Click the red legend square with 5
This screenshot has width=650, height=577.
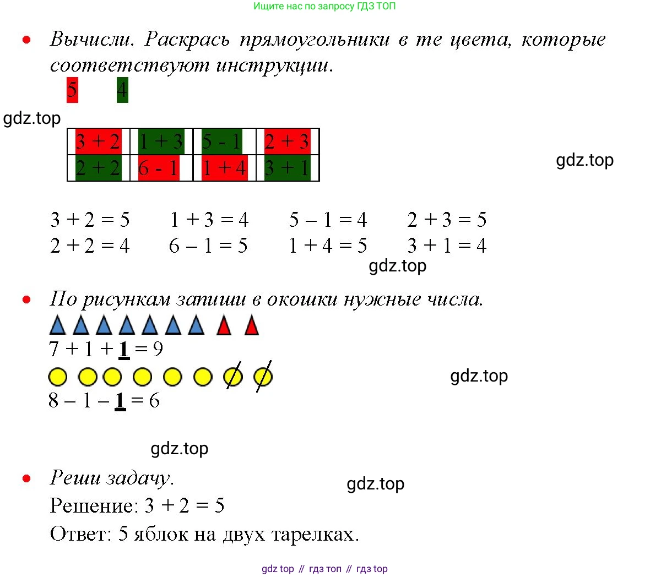[x=72, y=90]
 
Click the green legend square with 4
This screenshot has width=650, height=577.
[x=122, y=90]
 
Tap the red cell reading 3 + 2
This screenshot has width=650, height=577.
[x=98, y=141]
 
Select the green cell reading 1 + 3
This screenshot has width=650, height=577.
[x=161, y=141]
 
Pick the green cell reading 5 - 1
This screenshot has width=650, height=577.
[x=222, y=141]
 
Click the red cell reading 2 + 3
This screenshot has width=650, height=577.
[x=288, y=141]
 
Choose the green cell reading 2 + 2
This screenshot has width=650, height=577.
[x=98, y=168]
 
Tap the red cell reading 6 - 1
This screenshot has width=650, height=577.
[x=159, y=168]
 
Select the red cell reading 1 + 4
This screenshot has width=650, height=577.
[x=225, y=168]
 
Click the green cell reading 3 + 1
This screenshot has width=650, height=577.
[x=288, y=168]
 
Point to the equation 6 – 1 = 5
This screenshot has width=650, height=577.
[x=208, y=246]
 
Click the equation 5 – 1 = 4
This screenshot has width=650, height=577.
[x=328, y=220]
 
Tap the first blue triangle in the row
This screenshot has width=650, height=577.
[x=58, y=325]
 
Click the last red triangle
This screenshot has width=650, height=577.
[x=252, y=325]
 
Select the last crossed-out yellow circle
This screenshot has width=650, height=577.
[x=263, y=377]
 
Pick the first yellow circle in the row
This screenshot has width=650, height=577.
[x=58, y=377]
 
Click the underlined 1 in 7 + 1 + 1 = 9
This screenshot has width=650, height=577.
[x=123, y=349]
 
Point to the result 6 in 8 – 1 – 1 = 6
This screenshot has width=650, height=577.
[x=154, y=401]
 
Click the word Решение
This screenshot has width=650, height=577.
[x=94, y=506]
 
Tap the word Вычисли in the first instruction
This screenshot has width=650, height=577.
[x=92, y=39]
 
